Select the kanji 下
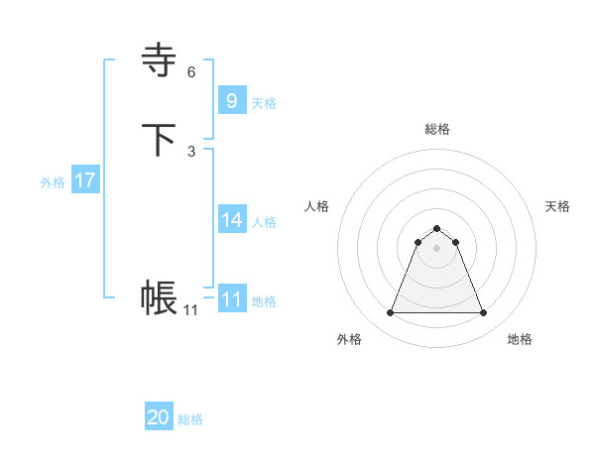tap(160, 140)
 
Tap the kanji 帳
tap(160, 297)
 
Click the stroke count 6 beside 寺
tap(191, 72)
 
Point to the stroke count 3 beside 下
tap(191, 151)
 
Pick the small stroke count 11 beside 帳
tap(190, 310)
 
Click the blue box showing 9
tap(231, 101)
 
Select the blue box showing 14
tap(231, 220)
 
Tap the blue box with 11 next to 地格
tap(231, 299)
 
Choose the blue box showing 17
tap(85, 180)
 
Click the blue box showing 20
tap(159, 417)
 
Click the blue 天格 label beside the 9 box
tap(264, 103)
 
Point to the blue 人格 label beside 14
tap(264, 222)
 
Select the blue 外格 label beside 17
tap(53, 182)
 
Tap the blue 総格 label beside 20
tap(190, 419)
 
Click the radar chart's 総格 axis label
tap(436, 129)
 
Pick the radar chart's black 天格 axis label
tap(557, 206)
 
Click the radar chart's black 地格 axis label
tap(520, 339)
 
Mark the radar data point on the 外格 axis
tap(390, 313)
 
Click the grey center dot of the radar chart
tap(436, 248)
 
